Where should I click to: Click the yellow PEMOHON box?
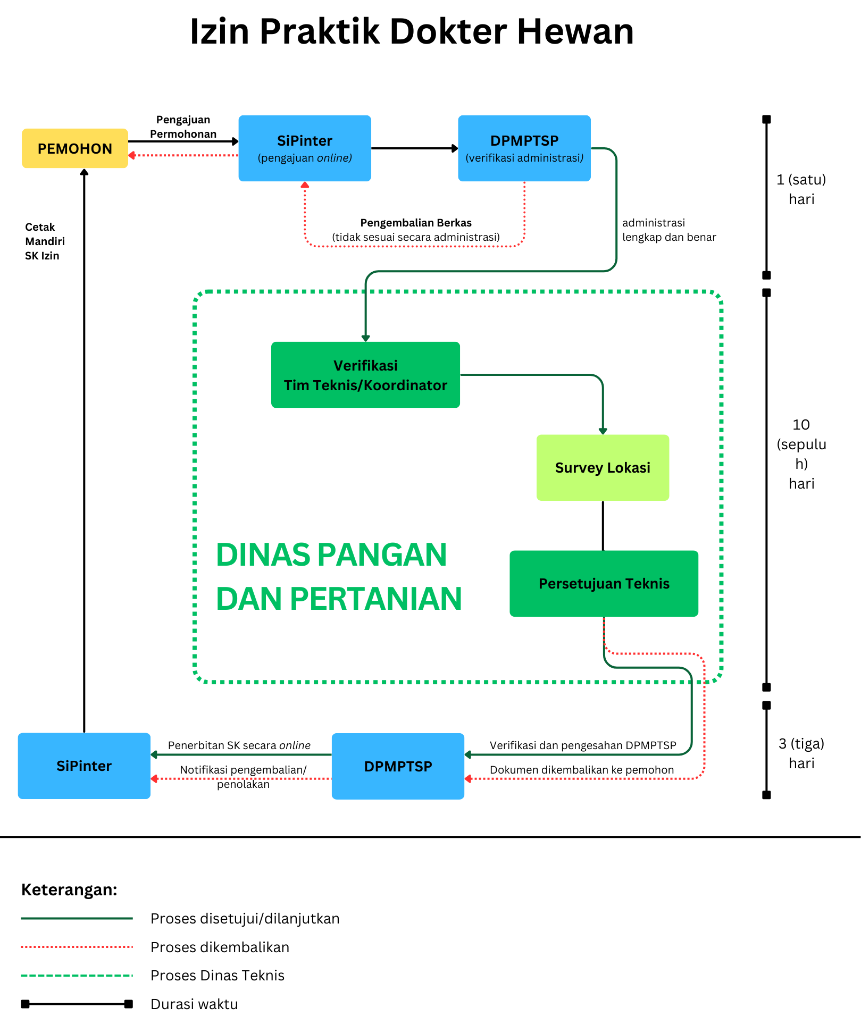75,148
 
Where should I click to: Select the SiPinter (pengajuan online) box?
305,148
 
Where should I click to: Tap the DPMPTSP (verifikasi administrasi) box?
524,148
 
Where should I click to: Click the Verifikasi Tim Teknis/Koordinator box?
365,375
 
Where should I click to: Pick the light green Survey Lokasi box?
603,468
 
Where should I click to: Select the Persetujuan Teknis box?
604,584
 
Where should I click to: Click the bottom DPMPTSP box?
398,766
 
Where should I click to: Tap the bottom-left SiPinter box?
84,766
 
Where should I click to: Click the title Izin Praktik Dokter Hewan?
412,31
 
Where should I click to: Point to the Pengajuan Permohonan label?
183,127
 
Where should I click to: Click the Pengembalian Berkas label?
416,223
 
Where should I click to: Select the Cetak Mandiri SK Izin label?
45,241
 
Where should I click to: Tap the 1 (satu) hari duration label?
801,189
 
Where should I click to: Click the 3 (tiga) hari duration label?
801,753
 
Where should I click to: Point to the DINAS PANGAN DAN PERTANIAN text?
339,577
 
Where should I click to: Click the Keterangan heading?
69,889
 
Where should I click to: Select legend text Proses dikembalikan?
220,947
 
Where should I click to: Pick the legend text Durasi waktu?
194,1004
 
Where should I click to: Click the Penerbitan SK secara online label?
239,745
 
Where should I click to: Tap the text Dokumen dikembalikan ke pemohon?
582,770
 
